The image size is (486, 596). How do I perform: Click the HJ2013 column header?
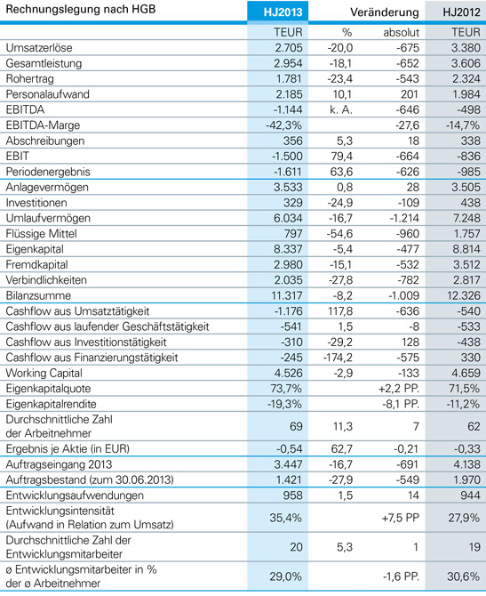pos(283,12)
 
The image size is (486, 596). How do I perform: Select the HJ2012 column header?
pos(461,12)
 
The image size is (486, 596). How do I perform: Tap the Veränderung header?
pos(384,12)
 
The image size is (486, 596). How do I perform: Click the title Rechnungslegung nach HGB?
pos(81,9)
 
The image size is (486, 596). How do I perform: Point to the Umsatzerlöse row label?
pos(39,47)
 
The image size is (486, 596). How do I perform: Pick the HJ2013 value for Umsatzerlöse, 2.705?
pos(288,47)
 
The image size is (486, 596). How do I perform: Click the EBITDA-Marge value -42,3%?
pos(283,125)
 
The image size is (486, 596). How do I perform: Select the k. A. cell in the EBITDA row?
pos(341,109)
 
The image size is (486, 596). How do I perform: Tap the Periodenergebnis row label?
pos(48,172)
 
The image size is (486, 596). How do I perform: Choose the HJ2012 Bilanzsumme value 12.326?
pos(464,295)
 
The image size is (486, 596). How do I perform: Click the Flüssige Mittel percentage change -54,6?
pos(339,234)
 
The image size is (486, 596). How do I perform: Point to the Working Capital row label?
pos(44,374)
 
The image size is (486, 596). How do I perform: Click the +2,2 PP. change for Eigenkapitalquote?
pos(399,389)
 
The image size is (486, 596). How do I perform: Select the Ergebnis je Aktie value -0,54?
pos(290,449)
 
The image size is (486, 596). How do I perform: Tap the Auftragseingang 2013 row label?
pos(59,464)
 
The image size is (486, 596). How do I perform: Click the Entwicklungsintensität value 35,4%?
pos(285,518)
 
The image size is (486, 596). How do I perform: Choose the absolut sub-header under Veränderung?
pos(401,32)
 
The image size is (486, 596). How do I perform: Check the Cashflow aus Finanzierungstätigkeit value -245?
pos(291,358)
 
